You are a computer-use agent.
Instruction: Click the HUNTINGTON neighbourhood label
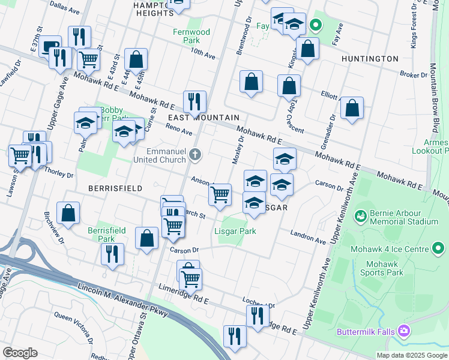tap(369, 59)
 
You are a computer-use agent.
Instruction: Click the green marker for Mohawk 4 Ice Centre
tap(439, 248)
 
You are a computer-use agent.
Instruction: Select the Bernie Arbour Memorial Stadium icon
tap(360, 215)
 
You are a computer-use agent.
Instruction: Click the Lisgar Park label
tap(235, 231)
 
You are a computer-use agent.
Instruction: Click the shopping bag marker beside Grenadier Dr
tap(352, 108)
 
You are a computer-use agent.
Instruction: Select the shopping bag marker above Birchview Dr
tap(68, 212)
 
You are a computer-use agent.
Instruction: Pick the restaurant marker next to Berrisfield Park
tap(112, 254)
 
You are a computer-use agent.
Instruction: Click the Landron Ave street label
tap(308, 236)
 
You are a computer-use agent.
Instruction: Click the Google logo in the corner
tap(20, 352)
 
